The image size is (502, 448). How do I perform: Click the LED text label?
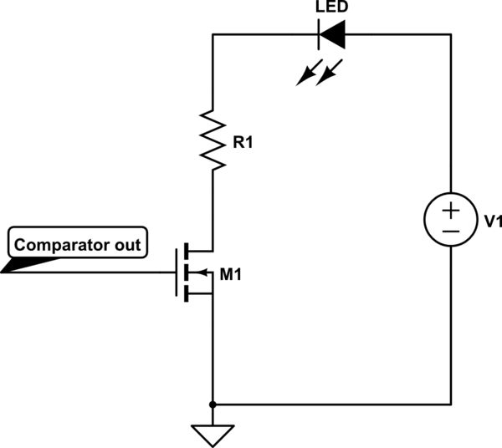click(x=331, y=7)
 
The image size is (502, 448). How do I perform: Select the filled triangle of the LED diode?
click(x=335, y=35)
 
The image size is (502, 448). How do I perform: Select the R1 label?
click(x=242, y=143)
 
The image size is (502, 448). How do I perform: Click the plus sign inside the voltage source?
click(x=451, y=210)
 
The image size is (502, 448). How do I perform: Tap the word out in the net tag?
click(x=128, y=246)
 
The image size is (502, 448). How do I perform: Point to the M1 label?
click(x=230, y=273)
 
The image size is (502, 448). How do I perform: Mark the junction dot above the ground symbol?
click(x=213, y=405)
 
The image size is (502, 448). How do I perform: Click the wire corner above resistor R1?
click(x=213, y=35)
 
